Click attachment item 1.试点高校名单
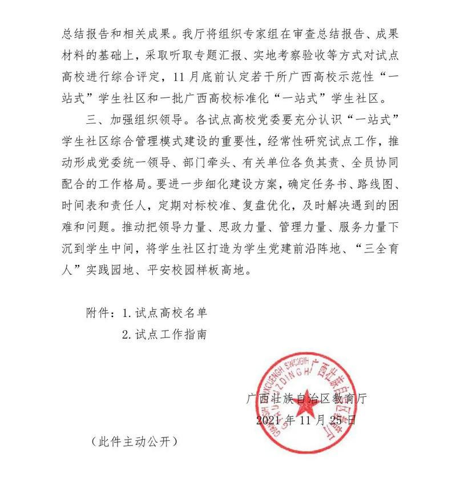coord(163,313)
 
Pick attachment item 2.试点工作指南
coord(163,335)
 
